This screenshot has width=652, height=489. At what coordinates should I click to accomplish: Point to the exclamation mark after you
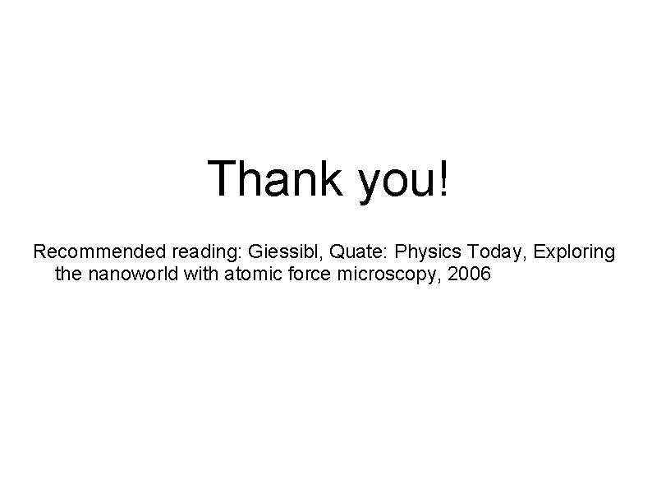[x=444, y=178]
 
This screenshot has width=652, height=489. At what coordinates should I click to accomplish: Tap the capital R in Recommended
[x=39, y=251]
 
